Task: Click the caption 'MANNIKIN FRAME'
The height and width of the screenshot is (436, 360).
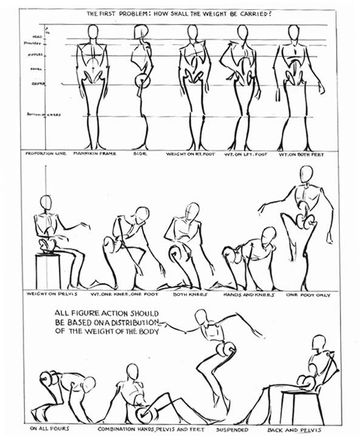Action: tap(91, 154)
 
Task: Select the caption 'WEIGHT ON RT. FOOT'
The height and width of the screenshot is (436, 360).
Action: tap(188, 154)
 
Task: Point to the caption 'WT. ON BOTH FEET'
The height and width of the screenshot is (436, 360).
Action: tap(301, 154)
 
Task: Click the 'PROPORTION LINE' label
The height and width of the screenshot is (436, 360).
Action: tap(41, 154)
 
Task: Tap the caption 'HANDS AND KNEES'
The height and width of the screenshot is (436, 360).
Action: tap(250, 295)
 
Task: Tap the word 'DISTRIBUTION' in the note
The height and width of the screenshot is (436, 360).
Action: tap(134, 322)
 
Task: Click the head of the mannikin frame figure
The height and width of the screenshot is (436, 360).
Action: tap(92, 33)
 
